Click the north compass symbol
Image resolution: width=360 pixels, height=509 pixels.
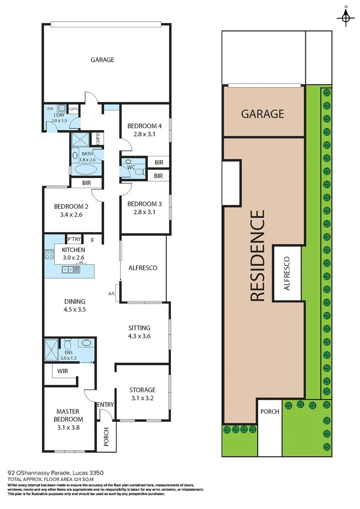(x=346, y=17)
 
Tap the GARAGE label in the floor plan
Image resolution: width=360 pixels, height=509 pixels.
(x=102, y=60)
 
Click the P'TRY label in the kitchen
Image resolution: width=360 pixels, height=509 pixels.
(x=74, y=239)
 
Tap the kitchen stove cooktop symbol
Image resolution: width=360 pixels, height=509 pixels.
(x=49, y=254)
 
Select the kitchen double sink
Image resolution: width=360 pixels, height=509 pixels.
(x=71, y=270)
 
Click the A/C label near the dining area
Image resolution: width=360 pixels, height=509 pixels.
(x=112, y=294)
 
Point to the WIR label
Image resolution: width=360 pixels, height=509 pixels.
(x=63, y=371)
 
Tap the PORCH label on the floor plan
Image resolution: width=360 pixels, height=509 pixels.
(x=106, y=432)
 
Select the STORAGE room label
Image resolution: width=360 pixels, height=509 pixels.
(x=142, y=390)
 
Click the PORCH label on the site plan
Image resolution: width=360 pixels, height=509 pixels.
(x=270, y=411)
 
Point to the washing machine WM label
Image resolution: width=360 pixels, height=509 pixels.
(x=50, y=108)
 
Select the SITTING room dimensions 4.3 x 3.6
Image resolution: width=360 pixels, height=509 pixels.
(x=139, y=336)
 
